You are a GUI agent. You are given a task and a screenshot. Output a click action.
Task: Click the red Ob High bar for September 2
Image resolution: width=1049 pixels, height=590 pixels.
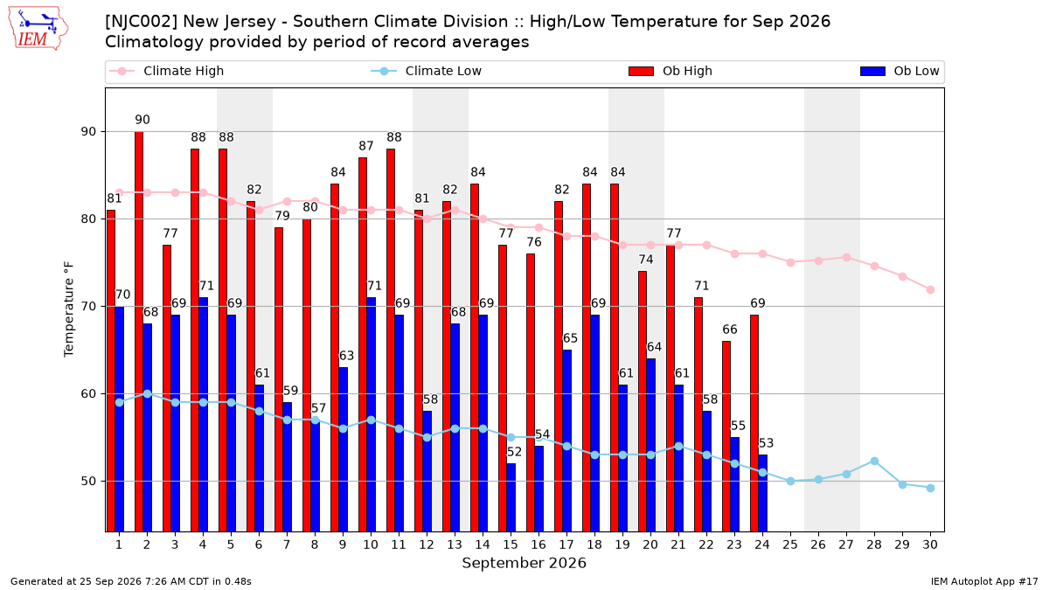coord(139,331)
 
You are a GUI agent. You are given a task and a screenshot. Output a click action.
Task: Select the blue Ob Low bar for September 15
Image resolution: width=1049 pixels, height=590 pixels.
coord(511,497)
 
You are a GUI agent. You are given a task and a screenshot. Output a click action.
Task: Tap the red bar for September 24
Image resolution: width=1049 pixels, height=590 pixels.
coord(754,423)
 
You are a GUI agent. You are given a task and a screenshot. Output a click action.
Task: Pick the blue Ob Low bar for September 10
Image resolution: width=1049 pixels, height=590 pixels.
coord(371,414)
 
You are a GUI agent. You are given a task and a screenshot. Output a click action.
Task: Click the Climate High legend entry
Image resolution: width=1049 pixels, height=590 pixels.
coord(167,71)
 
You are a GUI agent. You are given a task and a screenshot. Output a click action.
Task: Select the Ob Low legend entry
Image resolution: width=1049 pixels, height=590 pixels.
coord(900,71)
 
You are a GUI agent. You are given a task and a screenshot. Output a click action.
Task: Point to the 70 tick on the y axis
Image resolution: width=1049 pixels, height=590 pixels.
coord(88,307)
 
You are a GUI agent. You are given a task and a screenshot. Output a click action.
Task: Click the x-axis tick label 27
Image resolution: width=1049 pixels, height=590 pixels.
coord(846,545)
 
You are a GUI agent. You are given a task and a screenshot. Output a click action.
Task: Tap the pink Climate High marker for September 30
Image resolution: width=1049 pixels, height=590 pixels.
coord(930,290)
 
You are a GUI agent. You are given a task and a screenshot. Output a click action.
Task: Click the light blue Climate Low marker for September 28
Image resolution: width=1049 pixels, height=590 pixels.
coord(874,462)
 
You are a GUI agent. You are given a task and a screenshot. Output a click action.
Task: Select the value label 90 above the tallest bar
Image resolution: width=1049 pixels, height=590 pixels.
coord(142,120)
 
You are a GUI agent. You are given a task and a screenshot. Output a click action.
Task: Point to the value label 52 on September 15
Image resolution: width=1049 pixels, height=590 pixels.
coord(514,452)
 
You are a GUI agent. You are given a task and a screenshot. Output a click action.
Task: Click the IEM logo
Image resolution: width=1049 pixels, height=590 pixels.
coord(38,29)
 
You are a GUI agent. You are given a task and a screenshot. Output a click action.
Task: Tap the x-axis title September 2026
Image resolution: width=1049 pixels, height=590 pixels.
coord(524,563)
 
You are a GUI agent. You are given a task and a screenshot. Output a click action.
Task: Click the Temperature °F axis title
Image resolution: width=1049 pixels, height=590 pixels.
coord(69,309)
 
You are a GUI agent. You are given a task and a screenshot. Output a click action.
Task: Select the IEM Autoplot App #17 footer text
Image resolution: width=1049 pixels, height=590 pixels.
coord(984,581)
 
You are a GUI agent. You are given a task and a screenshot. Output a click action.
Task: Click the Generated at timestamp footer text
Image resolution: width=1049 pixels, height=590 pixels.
coord(130,581)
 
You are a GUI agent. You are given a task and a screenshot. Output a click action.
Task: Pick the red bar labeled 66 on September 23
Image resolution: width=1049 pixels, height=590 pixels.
coord(726,436)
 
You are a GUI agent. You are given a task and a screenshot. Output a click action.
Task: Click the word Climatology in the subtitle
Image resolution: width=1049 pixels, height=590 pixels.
coord(155,42)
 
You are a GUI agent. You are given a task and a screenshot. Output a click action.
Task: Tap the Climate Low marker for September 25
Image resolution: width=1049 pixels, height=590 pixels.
coord(790,481)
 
